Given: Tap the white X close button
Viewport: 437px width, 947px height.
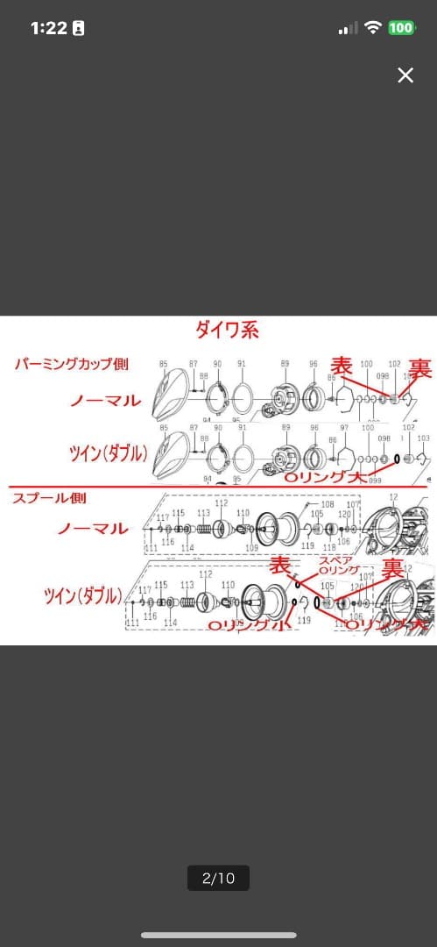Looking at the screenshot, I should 405,75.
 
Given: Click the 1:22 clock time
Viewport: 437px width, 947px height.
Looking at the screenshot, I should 49,28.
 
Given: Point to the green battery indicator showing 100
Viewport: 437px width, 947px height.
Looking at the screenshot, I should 401,28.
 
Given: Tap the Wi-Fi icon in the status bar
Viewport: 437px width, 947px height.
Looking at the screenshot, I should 373,28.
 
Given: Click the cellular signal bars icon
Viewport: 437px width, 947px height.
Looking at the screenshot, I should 348,29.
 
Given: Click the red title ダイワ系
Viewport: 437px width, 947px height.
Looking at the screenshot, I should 227,331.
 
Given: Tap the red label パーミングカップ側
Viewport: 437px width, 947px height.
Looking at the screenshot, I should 72,364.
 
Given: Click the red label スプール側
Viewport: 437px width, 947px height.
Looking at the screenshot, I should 49,498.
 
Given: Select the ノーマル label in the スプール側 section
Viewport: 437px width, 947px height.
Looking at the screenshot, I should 93,529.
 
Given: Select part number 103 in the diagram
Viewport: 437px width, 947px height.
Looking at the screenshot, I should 423,438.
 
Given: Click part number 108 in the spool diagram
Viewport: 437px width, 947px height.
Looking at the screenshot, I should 328,505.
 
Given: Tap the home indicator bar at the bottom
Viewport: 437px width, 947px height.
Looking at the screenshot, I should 218,935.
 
